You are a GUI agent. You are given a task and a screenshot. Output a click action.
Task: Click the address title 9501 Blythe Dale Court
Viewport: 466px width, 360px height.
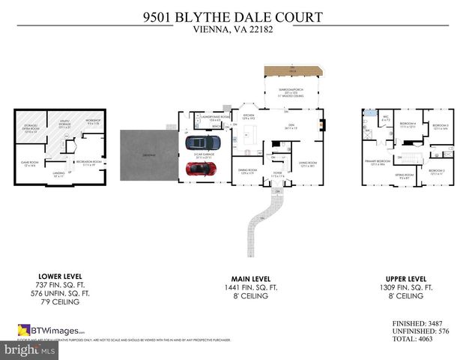[x=232, y=16]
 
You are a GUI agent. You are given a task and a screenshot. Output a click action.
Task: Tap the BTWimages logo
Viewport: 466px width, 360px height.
[x=52, y=330]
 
